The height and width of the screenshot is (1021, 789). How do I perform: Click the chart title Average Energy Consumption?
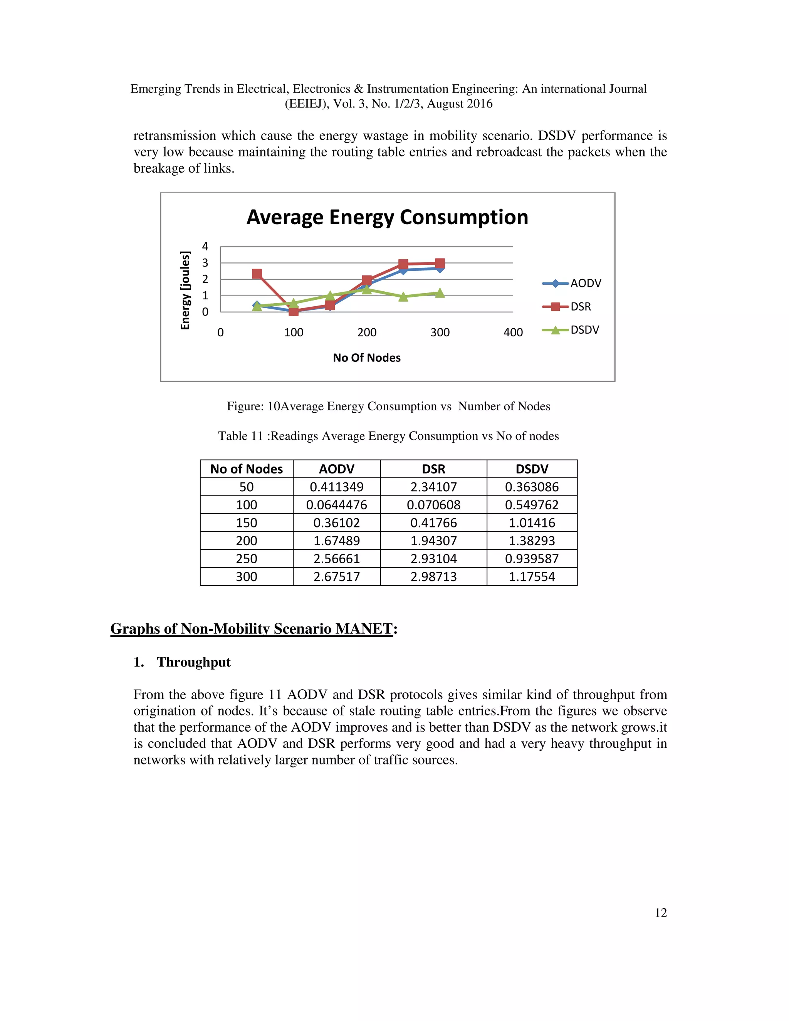click(x=387, y=217)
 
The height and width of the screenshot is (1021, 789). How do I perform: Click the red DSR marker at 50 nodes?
click(x=257, y=274)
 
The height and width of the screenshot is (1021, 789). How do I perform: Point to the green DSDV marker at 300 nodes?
click(x=440, y=293)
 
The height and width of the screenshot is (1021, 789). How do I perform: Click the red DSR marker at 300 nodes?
click(x=440, y=263)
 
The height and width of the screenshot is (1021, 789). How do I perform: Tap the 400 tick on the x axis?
click(x=513, y=332)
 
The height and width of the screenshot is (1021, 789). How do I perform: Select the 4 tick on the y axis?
click(x=205, y=246)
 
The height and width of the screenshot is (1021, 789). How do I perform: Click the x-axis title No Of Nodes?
click(x=366, y=358)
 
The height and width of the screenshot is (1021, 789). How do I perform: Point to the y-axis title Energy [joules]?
click(x=186, y=291)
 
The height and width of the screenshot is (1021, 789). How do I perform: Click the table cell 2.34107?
click(x=433, y=487)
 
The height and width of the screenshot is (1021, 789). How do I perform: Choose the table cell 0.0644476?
click(x=337, y=505)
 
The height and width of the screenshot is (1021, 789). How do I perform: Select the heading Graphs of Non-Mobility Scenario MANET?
click(x=252, y=629)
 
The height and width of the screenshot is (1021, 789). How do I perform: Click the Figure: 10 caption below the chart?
click(x=388, y=406)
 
